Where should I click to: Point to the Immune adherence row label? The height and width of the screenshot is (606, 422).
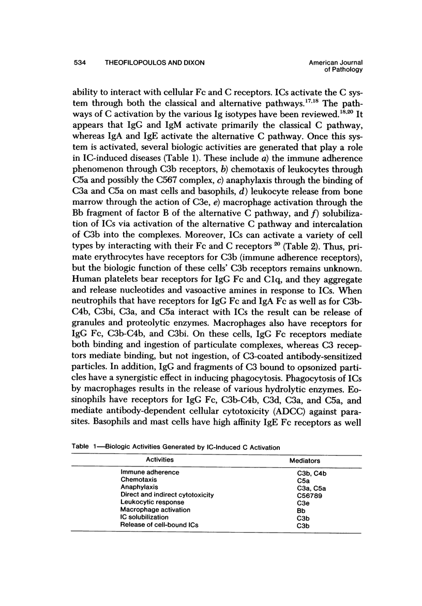coord(143,472)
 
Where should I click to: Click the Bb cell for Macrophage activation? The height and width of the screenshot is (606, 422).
coord(296,509)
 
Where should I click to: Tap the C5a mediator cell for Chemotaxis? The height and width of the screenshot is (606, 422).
coord(298,480)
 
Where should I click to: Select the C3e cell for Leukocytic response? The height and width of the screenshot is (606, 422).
coord(298,502)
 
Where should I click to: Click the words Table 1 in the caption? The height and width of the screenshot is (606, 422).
coord(81,447)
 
